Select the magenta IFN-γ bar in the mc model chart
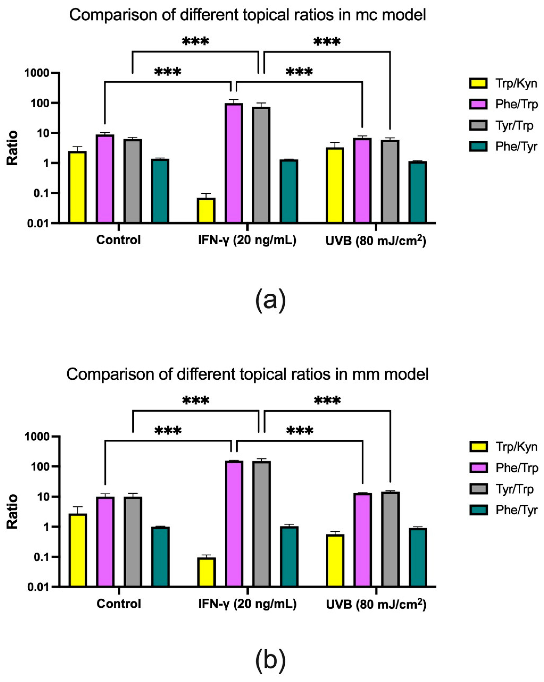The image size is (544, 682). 234,163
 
